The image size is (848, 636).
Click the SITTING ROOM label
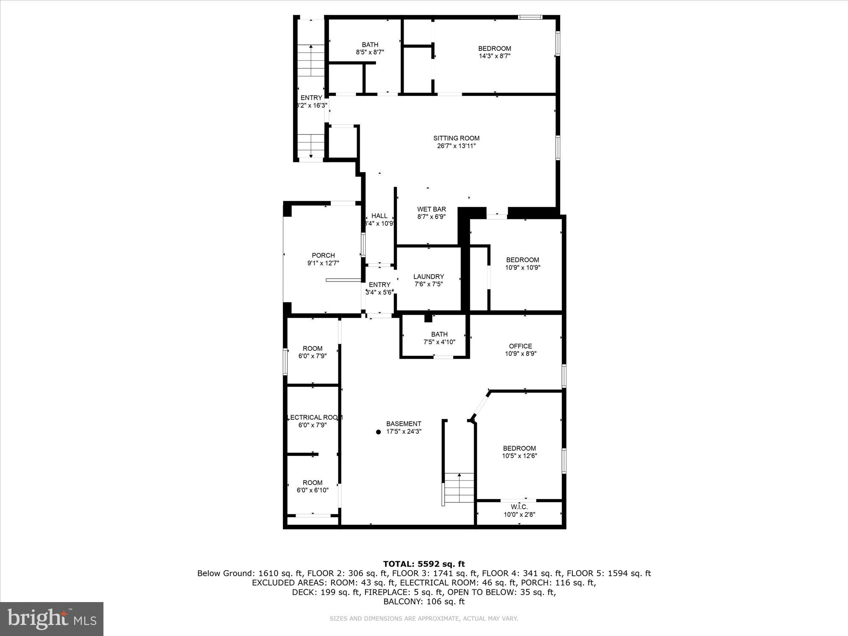[456, 138]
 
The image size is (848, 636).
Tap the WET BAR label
[431, 209]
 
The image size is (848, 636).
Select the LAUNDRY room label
[429, 276]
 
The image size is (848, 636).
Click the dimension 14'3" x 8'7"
[494, 56]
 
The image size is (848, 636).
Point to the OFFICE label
[520, 346]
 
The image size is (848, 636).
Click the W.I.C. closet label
[519, 507]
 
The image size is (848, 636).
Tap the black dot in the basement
[378, 432]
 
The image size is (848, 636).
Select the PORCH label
[323, 255]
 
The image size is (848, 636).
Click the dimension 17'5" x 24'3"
[403, 432]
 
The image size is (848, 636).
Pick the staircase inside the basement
[459, 488]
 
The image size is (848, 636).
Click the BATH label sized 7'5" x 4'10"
[439, 334]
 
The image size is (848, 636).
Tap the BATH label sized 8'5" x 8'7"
[370, 45]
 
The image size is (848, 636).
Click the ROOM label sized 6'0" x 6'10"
[312, 483]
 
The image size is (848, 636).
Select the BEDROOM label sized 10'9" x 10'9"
[522, 260]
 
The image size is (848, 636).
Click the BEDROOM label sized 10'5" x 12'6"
[519, 448]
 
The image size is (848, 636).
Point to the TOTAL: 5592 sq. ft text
[424, 564]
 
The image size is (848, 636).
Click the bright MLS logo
[52, 619]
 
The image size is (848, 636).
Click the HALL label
[379, 216]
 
